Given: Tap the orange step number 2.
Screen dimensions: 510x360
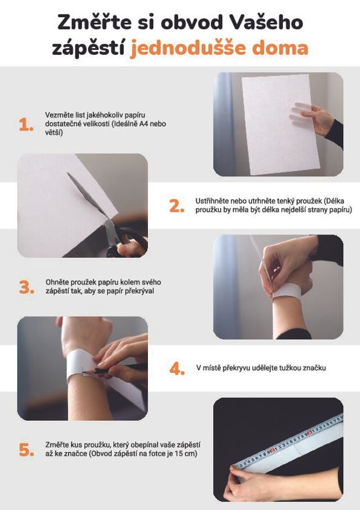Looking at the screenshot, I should click(x=177, y=206).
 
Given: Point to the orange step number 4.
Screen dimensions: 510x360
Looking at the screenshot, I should click(x=177, y=369).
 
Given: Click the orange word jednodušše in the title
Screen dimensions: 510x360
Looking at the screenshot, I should click(x=186, y=48).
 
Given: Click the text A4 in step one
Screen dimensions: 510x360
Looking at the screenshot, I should click(x=146, y=124).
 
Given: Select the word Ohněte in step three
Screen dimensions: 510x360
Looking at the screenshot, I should click(x=58, y=282).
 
